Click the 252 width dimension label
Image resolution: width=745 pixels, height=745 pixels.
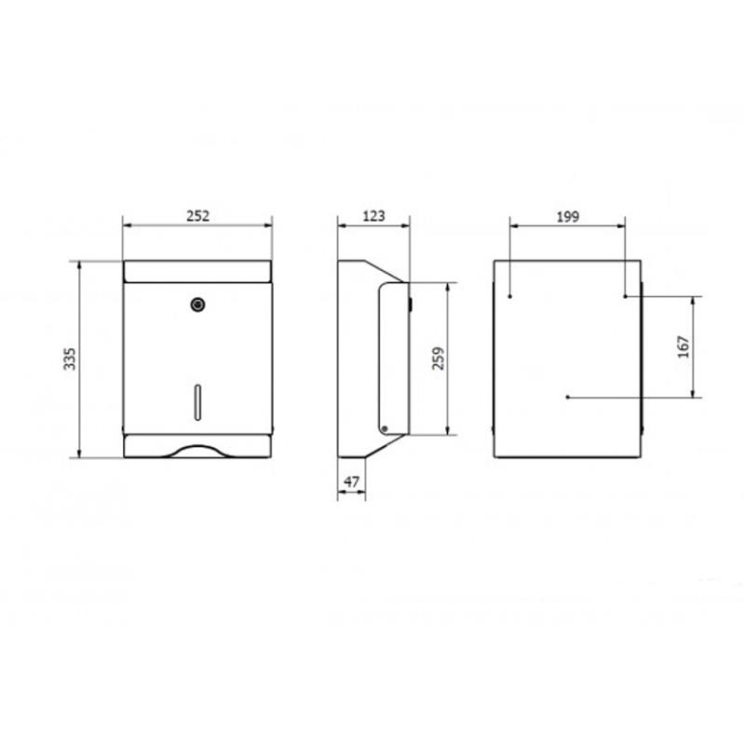click(197, 216)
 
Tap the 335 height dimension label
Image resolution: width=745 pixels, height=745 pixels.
click(70, 359)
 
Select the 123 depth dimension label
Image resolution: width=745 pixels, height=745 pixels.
click(374, 216)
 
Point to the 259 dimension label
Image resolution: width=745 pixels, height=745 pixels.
click(438, 359)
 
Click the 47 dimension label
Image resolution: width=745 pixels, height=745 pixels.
click(351, 481)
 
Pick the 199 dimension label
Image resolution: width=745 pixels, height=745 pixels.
click(568, 217)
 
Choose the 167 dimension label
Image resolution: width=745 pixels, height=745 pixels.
click(684, 346)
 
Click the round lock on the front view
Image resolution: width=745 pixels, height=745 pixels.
click(197, 305)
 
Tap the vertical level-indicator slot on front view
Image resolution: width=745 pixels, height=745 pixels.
click(197, 402)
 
